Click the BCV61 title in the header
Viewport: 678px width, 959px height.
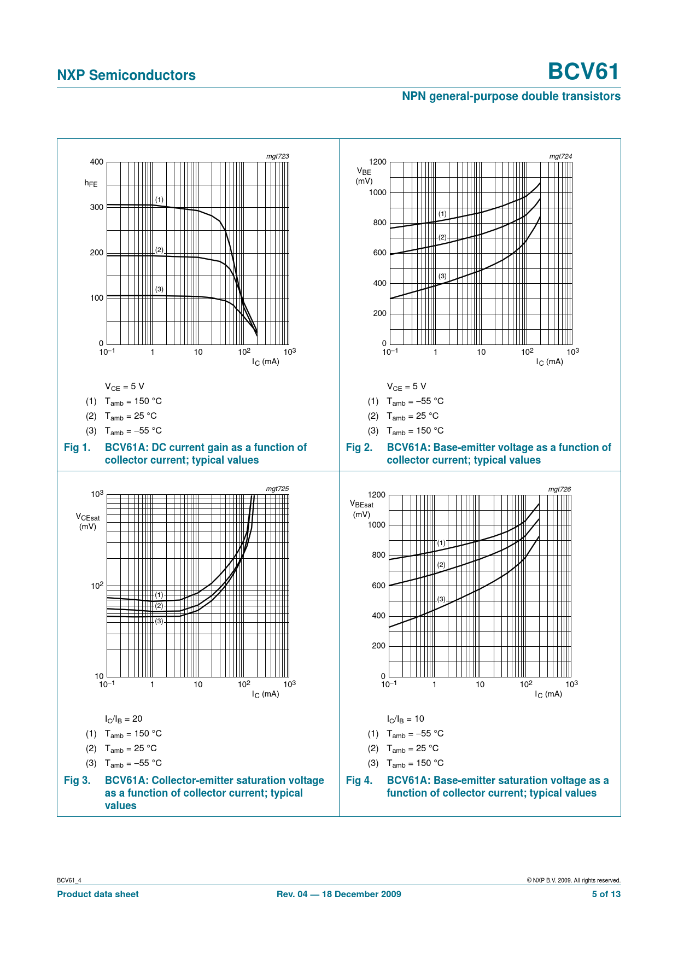[x=583, y=72]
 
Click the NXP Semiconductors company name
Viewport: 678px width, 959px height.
[x=126, y=75]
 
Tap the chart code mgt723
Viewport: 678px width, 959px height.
[x=277, y=156]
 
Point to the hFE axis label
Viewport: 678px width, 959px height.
[x=91, y=184]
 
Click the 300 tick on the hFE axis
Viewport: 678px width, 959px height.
[x=96, y=207]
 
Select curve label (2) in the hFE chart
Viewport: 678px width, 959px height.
[x=159, y=250]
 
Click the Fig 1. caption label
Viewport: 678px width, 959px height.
[x=77, y=448]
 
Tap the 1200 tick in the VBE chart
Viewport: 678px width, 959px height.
[x=377, y=162]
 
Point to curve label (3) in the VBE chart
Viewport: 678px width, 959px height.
[x=442, y=276]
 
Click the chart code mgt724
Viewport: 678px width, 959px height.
[x=560, y=156]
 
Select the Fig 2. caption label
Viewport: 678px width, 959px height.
[x=359, y=448]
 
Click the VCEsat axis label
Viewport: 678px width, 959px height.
[x=87, y=521]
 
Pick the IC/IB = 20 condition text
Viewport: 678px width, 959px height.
[x=124, y=719]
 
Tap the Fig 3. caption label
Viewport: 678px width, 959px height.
[x=77, y=781]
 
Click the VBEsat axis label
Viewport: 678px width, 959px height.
[x=361, y=508]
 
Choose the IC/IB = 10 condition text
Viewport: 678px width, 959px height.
[x=405, y=719]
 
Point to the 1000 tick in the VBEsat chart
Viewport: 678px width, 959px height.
[x=376, y=525]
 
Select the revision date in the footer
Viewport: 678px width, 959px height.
[x=338, y=894]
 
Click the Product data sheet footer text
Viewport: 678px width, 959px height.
[x=98, y=894]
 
